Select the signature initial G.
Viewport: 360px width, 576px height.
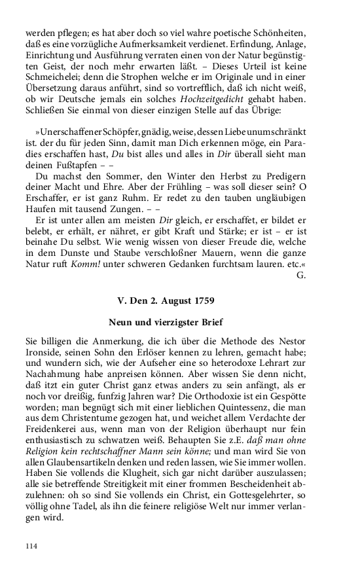coord(301,276)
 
